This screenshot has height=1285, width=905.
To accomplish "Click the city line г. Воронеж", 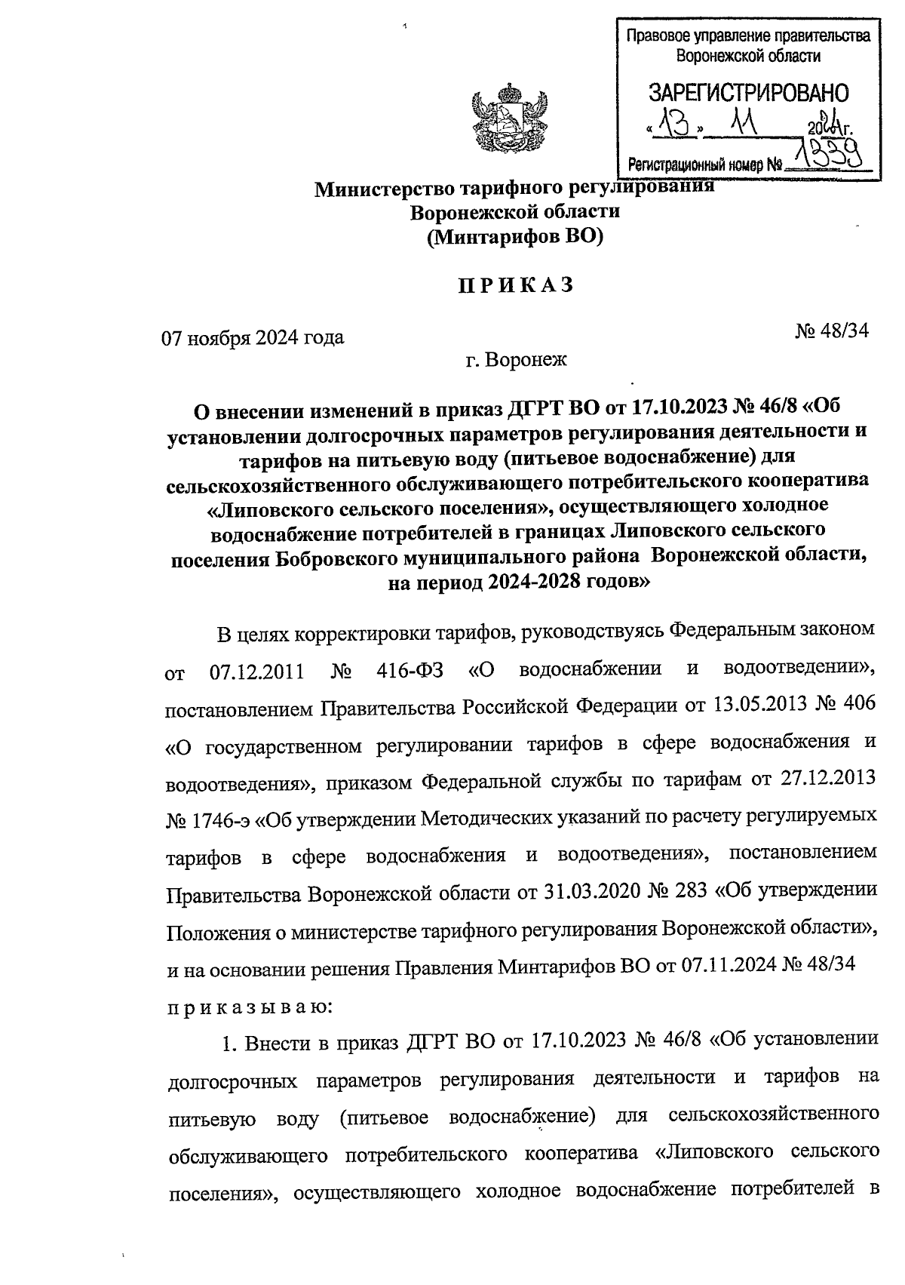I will pos(516,360).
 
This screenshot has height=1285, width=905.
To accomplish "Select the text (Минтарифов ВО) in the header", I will pos(515,238).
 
